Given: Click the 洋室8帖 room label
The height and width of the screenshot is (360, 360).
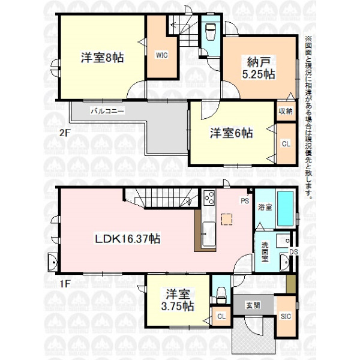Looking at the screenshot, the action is (x=102, y=58).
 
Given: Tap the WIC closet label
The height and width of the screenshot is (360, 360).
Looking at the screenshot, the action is (x=162, y=55).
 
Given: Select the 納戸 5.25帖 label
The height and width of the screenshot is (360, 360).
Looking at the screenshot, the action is (x=259, y=68).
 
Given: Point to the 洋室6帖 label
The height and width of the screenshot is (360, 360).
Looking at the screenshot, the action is (x=231, y=133).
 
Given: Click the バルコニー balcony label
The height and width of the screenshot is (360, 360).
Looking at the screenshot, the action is (x=107, y=112).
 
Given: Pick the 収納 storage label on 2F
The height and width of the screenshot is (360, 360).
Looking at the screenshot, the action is (x=286, y=111).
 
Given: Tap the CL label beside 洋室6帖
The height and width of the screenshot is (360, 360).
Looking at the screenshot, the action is (x=286, y=144).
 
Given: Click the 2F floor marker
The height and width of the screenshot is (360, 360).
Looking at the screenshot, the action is (x=65, y=133).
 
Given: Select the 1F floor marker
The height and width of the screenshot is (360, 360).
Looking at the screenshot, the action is (x=65, y=284).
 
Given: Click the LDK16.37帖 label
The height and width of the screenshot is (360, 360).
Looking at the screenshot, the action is (x=128, y=239).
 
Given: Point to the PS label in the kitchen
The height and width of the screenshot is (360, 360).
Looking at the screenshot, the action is (x=245, y=201).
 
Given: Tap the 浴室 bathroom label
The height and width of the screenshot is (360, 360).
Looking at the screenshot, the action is (x=265, y=208).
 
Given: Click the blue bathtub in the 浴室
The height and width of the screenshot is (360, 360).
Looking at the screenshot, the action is (x=286, y=209).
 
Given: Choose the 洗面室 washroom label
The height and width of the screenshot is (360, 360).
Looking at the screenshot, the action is (x=265, y=252).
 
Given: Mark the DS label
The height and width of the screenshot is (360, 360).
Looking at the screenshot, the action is (x=293, y=252).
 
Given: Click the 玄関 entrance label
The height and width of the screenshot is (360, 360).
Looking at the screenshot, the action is (x=253, y=305).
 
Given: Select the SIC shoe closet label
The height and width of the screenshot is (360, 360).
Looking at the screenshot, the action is (x=286, y=316).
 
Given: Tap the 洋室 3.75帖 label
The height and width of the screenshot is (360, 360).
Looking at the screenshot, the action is (x=178, y=301).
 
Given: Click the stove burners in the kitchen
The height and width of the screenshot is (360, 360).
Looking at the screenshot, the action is (x=209, y=198).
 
